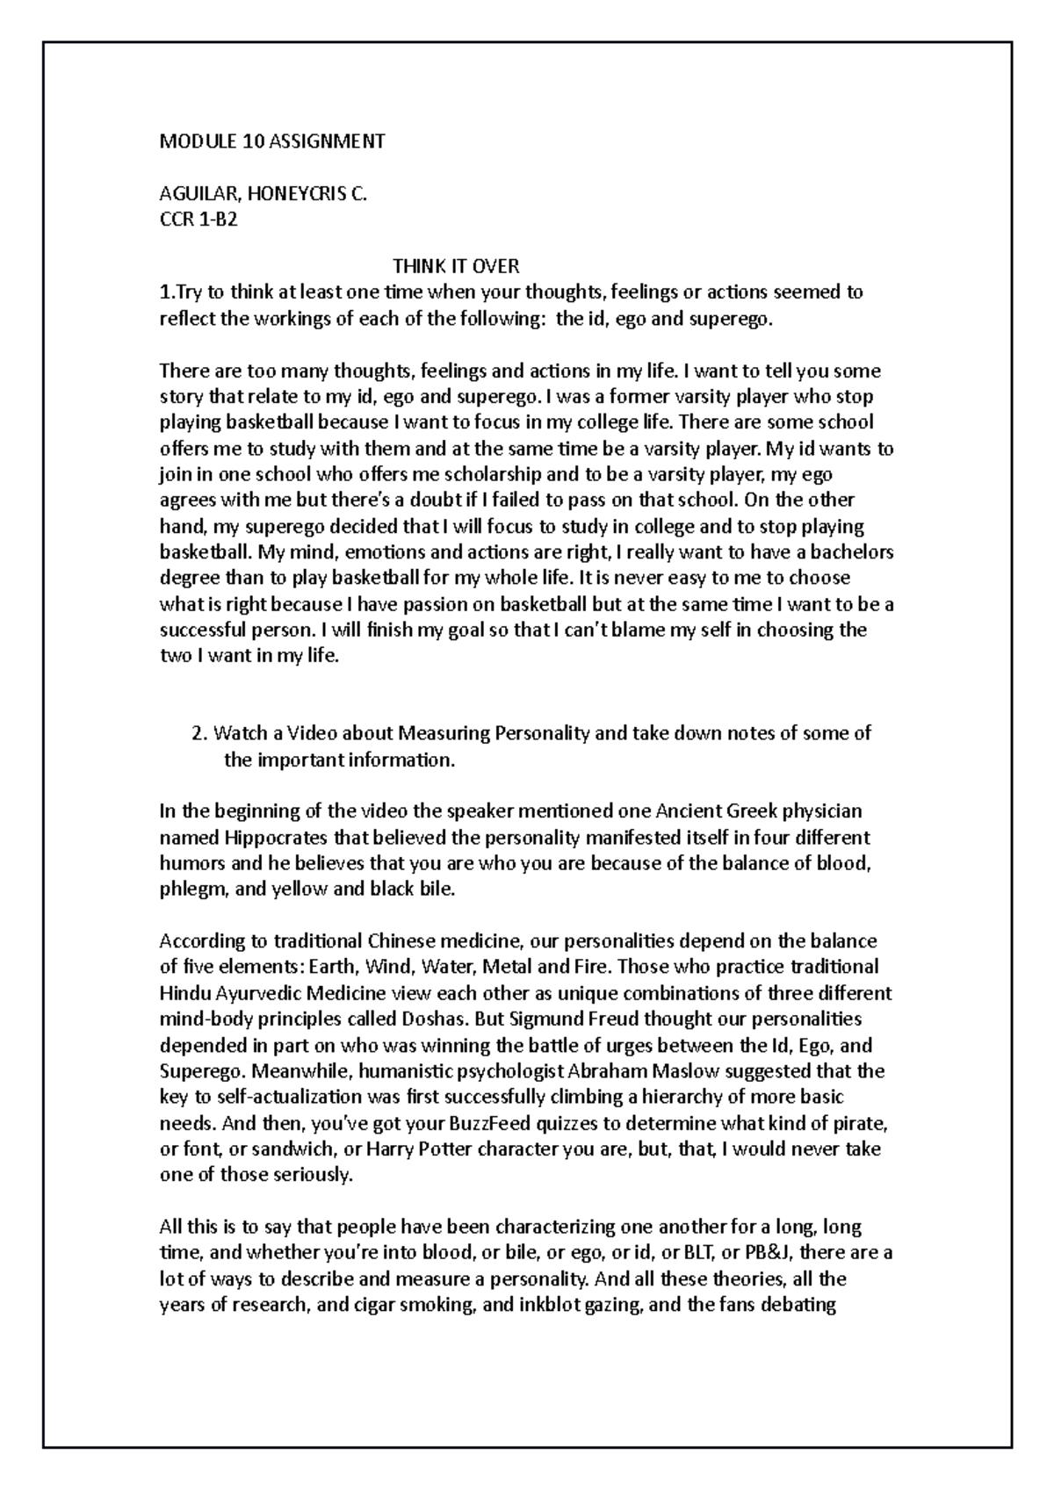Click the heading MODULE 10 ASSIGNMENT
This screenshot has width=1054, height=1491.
271,141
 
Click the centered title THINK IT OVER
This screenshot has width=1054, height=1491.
456,265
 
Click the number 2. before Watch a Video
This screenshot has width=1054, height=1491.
199,733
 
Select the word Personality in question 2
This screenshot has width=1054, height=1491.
544,733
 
